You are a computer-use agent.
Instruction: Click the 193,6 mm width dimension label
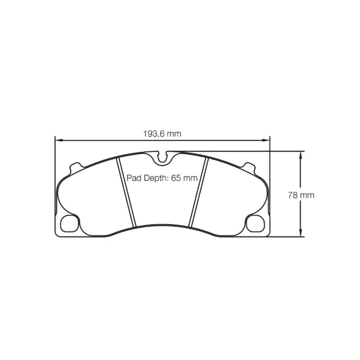(x=162, y=134)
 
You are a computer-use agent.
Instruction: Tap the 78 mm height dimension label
(x=301, y=195)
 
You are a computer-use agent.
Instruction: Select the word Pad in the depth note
(x=132, y=178)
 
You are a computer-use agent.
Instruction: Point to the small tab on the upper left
(x=75, y=167)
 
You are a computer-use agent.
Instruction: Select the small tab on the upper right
(x=249, y=167)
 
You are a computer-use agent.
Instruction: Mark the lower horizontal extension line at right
(x=286, y=237)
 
